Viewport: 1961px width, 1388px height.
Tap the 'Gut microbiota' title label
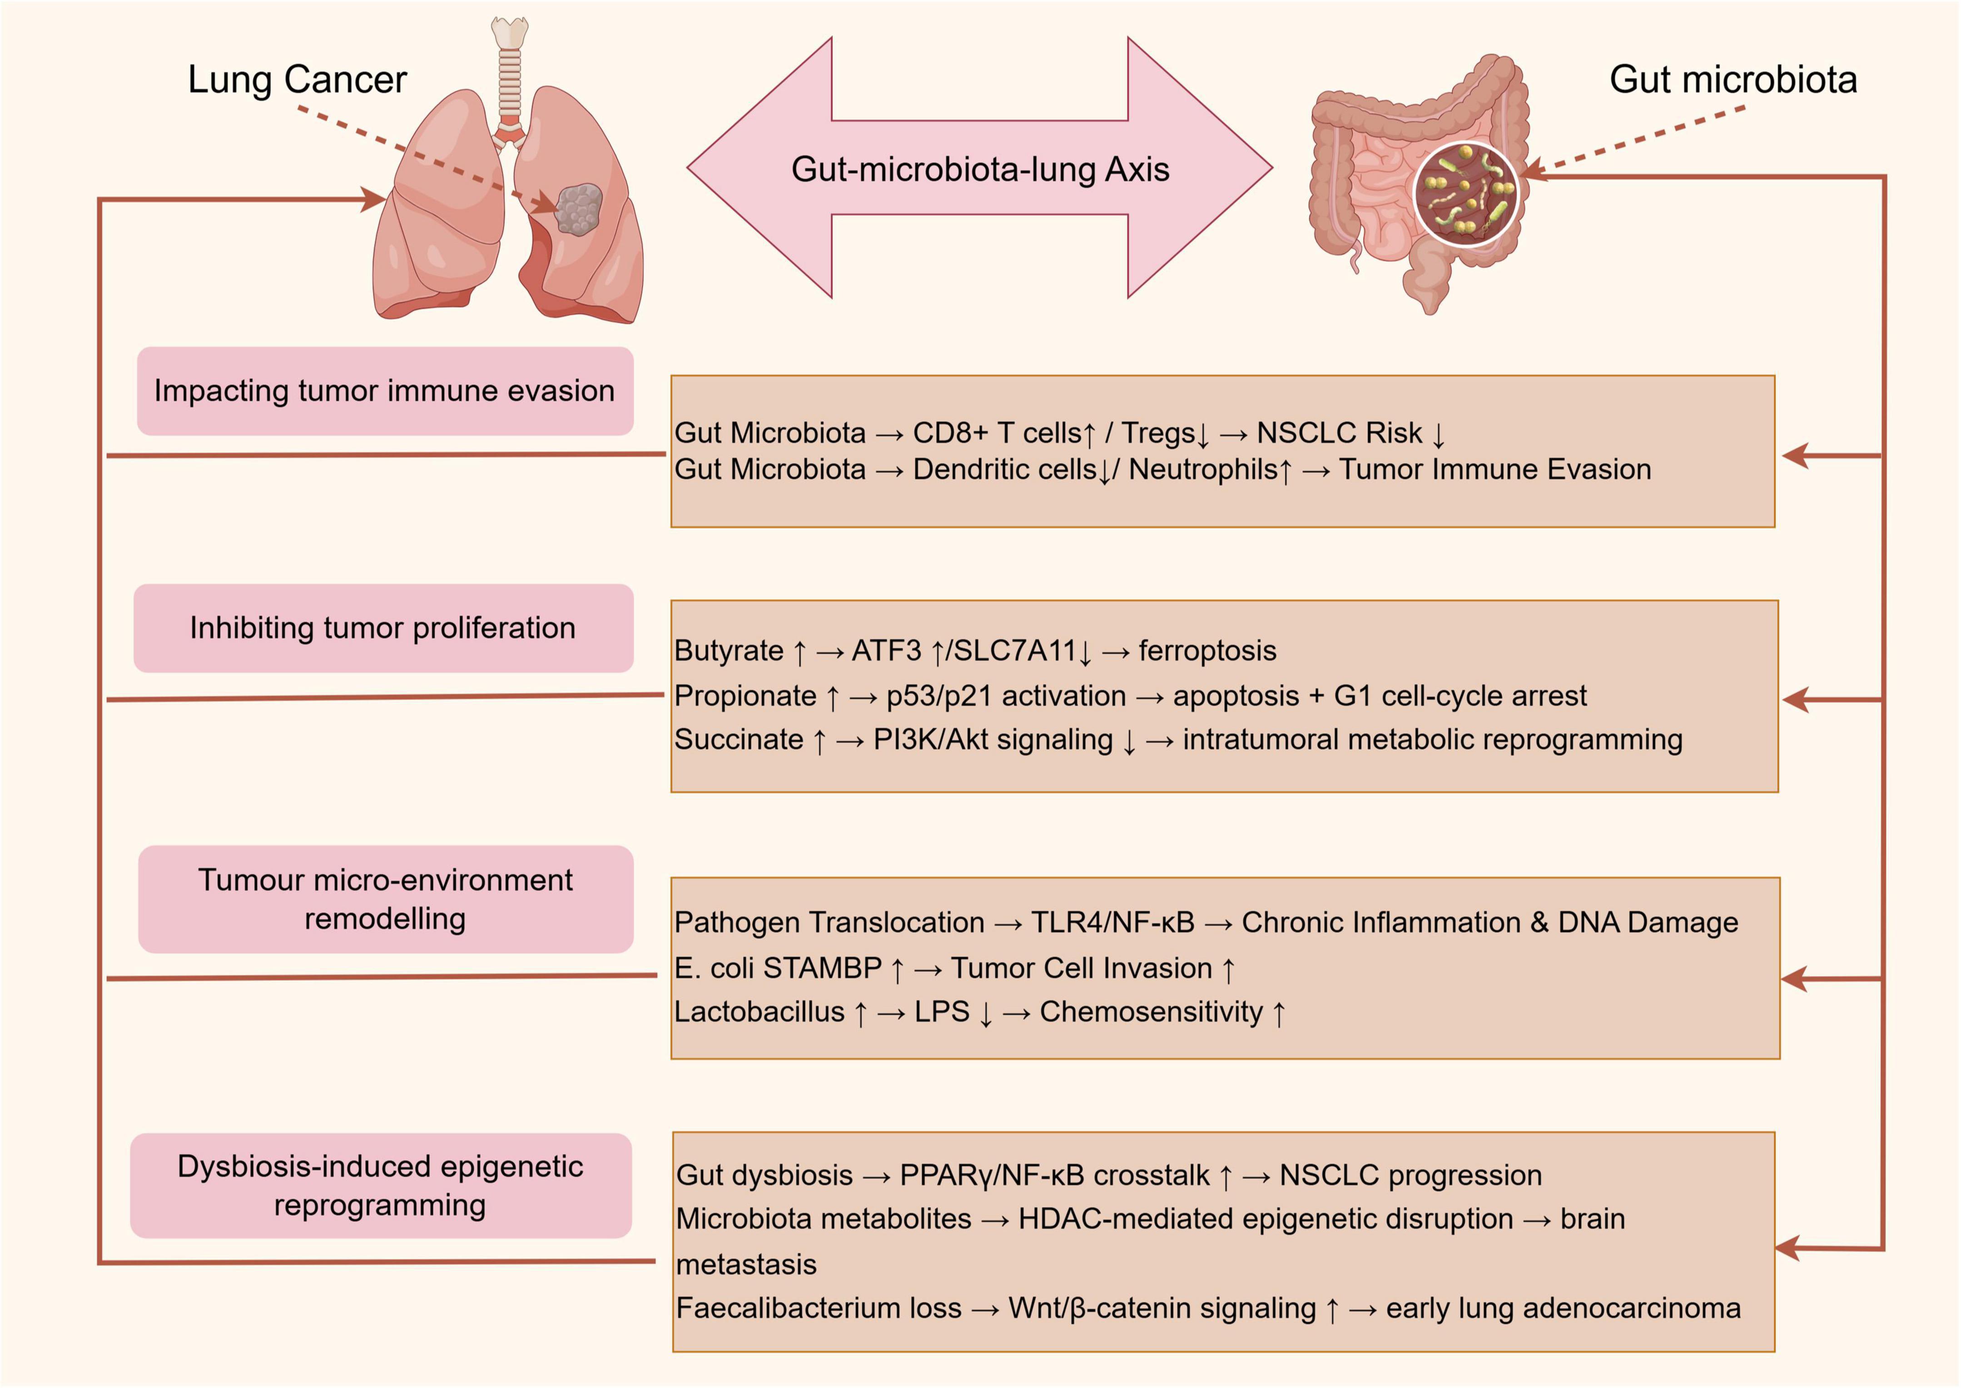(x=1733, y=79)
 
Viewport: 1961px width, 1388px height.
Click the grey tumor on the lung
(x=579, y=209)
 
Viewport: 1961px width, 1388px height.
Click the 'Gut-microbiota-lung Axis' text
(x=980, y=169)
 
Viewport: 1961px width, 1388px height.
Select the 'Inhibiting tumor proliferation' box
(x=383, y=628)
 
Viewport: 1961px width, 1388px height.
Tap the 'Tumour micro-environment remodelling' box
(x=386, y=899)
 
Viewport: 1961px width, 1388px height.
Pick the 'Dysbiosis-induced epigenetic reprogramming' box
(x=380, y=1185)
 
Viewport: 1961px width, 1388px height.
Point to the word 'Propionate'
(x=745, y=697)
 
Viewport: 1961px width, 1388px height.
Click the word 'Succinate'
(x=739, y=740)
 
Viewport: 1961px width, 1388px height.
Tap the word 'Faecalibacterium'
(x=819, y=1309)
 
